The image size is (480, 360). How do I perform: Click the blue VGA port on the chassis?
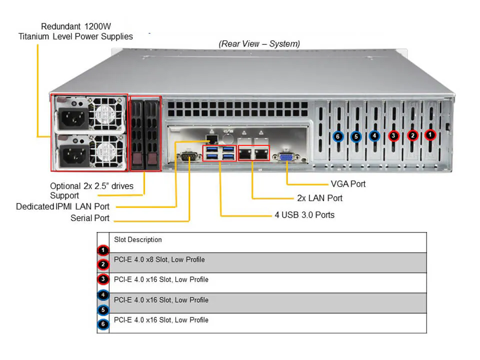click(x=286, y=157)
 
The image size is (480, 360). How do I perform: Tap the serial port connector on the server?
click(x=189, y=157)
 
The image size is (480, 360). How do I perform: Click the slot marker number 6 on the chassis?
click(x=338, y=136)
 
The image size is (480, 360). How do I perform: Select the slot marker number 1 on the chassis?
click(x=430, y=134)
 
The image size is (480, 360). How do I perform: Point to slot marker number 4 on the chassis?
click(x=374, y=135)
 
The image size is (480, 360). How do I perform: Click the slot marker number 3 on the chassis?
click(x=393, y=135)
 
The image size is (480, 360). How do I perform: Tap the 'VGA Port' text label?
click(x=348, y=184)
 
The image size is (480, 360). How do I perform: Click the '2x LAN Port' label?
click(x=319, y=198)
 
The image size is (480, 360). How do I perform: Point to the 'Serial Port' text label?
click(x=90, y=218)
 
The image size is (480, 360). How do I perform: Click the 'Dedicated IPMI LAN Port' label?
click(x=62, y=206)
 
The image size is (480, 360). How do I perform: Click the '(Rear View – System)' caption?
click(x=259, y=44)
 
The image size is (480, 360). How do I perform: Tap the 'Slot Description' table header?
click(x=138, y=240)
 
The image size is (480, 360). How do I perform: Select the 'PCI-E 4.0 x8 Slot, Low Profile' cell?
click(x=159, y=259)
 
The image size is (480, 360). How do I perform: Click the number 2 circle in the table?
click(x=102, y=264)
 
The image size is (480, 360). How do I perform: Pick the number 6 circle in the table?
click(x=102, y=324)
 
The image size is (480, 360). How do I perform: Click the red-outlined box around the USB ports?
click(x=219, y=153)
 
